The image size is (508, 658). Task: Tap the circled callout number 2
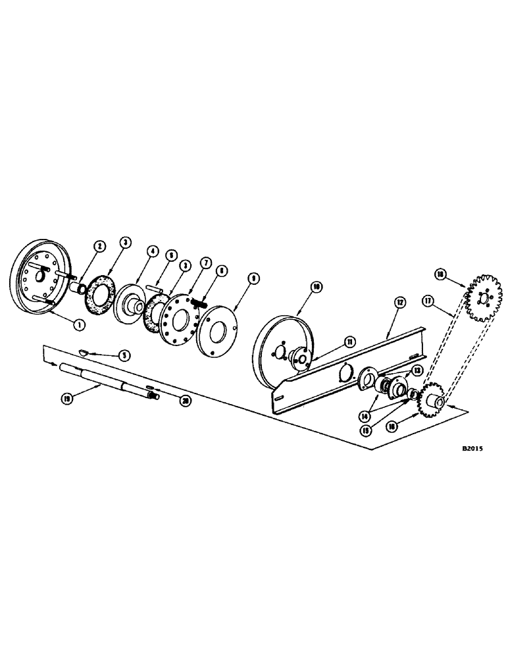click(99, 245)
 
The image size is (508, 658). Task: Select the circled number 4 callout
click(153, 251)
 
